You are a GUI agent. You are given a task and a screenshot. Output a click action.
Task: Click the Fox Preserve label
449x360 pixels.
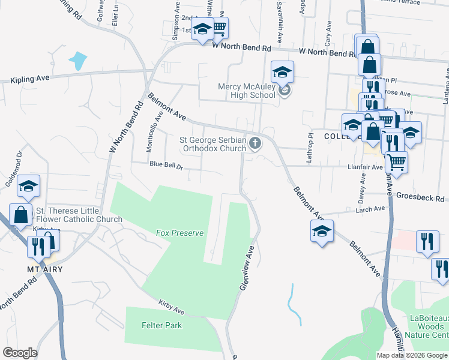(x=180, y=233)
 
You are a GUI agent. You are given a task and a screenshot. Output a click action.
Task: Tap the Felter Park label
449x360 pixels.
(x=161, y=325)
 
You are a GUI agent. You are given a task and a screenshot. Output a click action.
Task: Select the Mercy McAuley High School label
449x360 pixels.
(x=246, y=91)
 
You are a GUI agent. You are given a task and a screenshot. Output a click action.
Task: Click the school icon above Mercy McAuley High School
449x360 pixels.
(x=282, y=73)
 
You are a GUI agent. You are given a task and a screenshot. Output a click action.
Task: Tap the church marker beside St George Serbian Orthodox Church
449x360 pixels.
(x=256, y=143)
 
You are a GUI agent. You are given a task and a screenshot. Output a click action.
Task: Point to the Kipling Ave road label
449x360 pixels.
(x=29, y=78)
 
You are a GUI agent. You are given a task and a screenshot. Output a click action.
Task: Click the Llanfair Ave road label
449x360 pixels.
(x=364, y=167)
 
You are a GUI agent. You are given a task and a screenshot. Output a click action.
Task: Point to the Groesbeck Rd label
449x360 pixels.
(x=423, y=197)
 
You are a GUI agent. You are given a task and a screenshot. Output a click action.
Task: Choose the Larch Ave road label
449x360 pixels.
(x=370, y=209)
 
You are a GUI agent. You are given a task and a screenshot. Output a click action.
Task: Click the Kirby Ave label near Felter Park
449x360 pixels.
(x=171, y=306)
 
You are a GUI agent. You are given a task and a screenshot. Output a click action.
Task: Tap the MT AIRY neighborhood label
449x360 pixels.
(x=45, y=269)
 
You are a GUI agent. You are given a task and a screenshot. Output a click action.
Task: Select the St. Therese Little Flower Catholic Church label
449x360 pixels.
(x=79, y=215)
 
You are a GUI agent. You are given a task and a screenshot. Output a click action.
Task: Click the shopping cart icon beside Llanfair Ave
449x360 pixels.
(x=396, y=161)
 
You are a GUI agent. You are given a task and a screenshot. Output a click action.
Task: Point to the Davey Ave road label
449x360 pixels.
(x=363, y=187)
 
